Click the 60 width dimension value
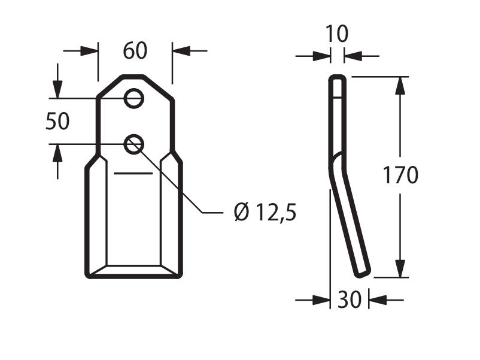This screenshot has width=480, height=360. [x=135, y=50]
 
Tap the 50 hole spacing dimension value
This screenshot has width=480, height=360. [x=57, y=121]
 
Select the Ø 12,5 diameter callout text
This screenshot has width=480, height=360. [x=265, y=212]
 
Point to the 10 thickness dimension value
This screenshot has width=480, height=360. [x=337, y=34]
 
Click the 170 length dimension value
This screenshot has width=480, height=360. [x=400, y=175]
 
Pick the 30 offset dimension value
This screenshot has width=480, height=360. [x=350, y=300]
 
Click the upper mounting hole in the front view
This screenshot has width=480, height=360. [x=134, y=98]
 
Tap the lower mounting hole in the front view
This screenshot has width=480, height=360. [x=134, y=144]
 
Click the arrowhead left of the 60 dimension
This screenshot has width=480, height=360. [x=89, y=51]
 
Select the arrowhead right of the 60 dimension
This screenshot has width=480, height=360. [x=181, y=51]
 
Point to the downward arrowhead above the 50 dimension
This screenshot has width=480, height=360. [x=57, y=89]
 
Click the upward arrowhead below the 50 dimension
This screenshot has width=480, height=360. [x=57, y=153]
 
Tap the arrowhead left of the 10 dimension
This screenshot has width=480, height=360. [x=322, y=56]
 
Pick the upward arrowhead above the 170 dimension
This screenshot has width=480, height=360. [x=400, y=86]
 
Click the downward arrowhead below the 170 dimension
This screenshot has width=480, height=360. [x=400, y=269]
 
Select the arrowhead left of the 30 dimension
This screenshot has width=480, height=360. [x=321, y=300]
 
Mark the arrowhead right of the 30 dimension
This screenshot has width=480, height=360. [x=378, y=300]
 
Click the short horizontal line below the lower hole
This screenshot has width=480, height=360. [x=133, y=174]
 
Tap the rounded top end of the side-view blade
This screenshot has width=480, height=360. [x=338, y=76]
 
